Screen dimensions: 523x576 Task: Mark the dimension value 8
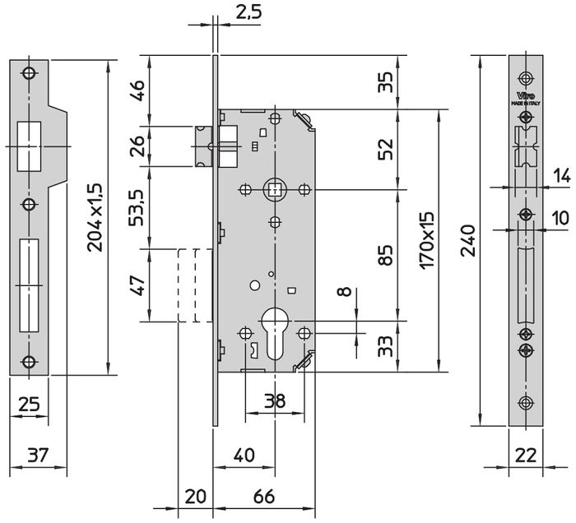(344, 294)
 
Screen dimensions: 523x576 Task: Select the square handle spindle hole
(273, 191)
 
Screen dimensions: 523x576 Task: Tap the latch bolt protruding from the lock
(203, 146)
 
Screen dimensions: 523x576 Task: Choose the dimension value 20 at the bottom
(195, 497)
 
